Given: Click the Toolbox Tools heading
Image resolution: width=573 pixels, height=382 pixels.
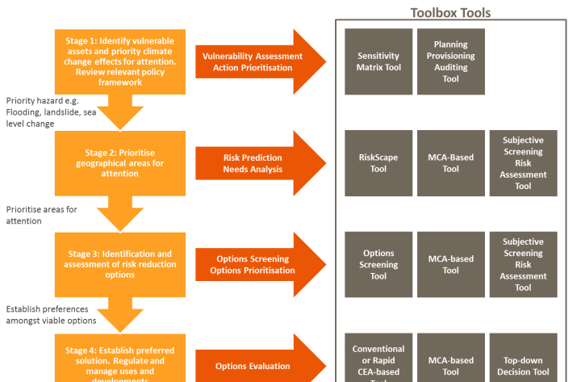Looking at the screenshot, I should [x=450, y=12].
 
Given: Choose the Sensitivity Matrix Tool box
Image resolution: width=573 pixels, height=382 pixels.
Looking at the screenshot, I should [x=379, y=62].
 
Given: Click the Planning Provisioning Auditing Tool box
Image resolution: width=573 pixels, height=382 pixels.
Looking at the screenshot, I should [x=450, y=62].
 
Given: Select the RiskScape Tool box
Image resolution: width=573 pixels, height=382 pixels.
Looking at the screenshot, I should [x=379, y=163].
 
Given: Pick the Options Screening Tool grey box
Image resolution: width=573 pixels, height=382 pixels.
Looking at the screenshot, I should [x=379, y=265].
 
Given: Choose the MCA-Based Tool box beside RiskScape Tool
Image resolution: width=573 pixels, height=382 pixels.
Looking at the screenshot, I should [x=450, y=163].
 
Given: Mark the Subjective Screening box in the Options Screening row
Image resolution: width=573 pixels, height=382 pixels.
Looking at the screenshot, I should [x=523, y=265].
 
